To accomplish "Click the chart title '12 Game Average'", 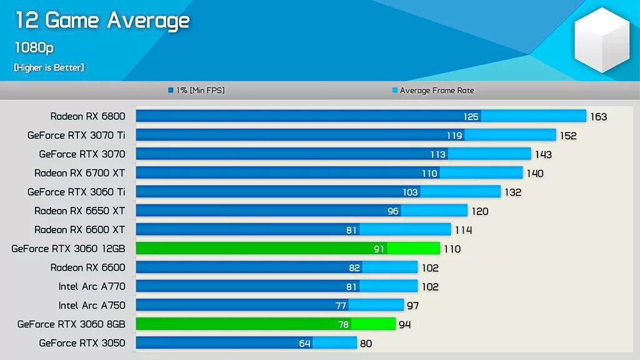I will (x=102, y=21).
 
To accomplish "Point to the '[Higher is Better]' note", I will (x=49, y=67).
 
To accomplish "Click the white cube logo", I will (x=602, y=39).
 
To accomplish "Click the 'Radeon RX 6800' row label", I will (x=87, y=116).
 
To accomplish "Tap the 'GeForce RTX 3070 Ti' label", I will (x=76, y=135).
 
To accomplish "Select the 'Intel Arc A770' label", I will (x=92, y=286).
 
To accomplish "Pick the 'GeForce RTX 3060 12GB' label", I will (x=68, y=249).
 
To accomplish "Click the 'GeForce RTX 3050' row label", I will (x=82, y=343).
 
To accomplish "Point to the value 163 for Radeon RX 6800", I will (x=598, y=117).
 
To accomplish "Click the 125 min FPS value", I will (x=471, y=117).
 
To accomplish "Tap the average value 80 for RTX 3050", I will (x=366, y=344).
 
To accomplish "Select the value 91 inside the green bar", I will (x=379, y=249).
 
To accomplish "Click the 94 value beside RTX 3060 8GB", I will (x=404, y=324).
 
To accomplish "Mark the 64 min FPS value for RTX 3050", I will (x=304, y=344).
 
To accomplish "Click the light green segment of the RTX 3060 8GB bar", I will (x=373, y=324).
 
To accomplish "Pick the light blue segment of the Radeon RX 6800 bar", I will (x=534, y=116).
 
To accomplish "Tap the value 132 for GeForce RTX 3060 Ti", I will (x=512, y=192).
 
